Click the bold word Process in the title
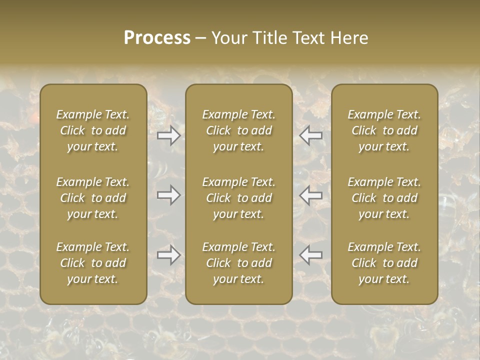[157, 38]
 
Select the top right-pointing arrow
[168, 135]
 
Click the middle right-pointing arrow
[168, 194]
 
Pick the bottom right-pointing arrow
[168, 255]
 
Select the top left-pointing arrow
[311, 135]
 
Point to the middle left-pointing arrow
[311, 194]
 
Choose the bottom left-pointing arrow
[311, 255]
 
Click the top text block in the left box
[93, 130]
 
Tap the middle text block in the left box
[93, 198]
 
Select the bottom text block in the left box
[93, 263]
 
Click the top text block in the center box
[238, 130]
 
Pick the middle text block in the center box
[238, 198]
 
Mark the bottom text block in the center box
[238, 263]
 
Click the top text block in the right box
[384, 130]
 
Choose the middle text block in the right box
[384, 198]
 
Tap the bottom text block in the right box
[384, 263]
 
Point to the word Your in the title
[229, 38]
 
